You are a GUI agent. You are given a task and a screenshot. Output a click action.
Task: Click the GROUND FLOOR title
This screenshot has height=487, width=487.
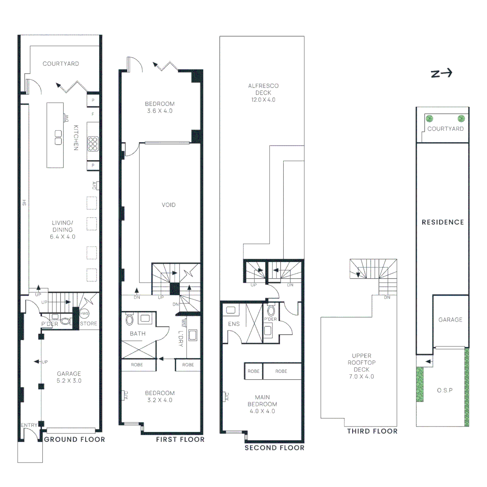click(74, 440)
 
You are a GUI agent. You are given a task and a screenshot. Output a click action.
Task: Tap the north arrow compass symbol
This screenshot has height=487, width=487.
click(441, 74)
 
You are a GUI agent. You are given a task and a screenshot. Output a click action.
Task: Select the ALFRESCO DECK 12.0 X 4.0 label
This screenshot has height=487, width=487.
click(263, 93)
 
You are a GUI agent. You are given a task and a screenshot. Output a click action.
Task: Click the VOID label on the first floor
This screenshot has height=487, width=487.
click(169, 205)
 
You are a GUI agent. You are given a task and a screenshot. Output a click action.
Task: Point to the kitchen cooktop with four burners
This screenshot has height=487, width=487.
click(93, 143)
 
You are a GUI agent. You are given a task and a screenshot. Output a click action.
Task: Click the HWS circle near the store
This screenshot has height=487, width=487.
click(84, 314)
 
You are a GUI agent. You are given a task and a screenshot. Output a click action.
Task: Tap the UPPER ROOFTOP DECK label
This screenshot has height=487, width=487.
click(362, 366)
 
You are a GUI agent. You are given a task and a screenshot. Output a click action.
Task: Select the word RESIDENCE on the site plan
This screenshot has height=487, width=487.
click(442, 222)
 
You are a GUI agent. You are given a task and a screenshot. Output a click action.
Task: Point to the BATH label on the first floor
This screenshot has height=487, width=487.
click(137, 334)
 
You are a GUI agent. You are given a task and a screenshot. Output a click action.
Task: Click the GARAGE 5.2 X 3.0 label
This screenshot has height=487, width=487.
click(69, 377)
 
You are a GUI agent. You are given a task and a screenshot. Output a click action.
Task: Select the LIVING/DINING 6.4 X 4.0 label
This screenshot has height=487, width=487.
click(62, 230)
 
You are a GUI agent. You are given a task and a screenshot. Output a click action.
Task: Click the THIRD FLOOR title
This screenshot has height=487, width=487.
click(372, 432)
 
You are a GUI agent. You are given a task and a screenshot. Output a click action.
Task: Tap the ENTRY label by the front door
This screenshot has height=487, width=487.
click(28, 425)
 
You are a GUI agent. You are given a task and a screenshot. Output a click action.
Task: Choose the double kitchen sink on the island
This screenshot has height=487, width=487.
click(58, 138)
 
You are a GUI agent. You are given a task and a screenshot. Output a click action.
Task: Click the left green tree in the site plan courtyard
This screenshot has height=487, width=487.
click(430, 119)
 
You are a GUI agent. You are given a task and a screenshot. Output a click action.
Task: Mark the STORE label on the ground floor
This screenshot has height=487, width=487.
click(88, 324)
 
